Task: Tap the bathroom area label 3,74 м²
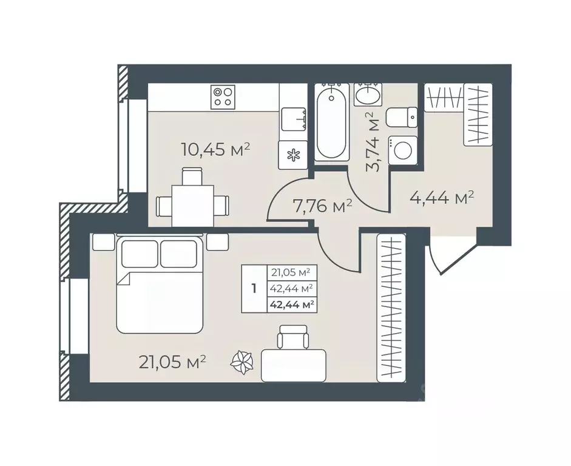pyautogui.click(x=373, y=141)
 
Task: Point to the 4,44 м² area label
pyautogui.click(x=441, y=198)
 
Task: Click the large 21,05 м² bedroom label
pyautogui.click(x=172, y=362)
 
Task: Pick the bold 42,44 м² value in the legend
pyautogui.click(x=292, y=305)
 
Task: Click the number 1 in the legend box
pyautogui.click(x=254, y=289)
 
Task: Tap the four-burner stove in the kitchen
pyautogui.click(x=223, y=97)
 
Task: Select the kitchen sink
pyautogui.click(x=293, y=119)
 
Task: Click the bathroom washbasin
pyautogui.click(x=368, y=95)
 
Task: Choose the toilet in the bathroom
pyautogui.click(x=402, y=117)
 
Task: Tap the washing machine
pyautogui.click(x=403, y=150)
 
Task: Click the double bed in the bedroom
pyautogui.click(x=159, y=285)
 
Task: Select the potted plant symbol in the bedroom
pyautogui.click(x=242, y=362)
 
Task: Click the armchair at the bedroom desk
pyautogui.click(x=292, y=337)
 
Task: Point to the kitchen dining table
pyautogui.click(x=192, y=205)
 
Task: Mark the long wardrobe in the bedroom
pyautogui.click(x=391, y=308)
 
